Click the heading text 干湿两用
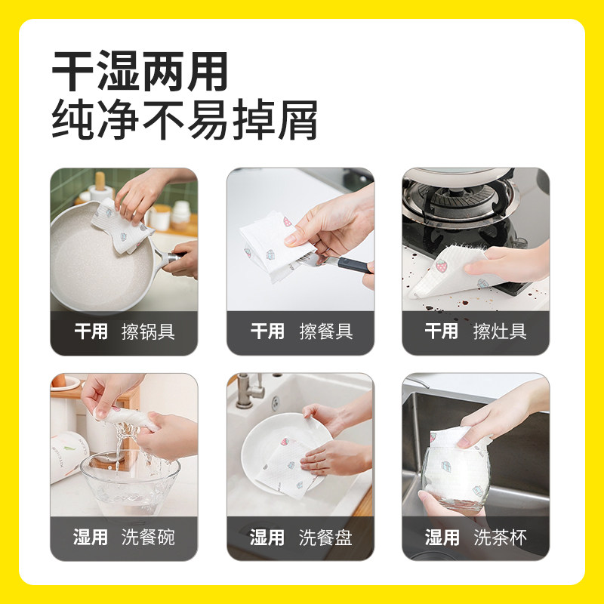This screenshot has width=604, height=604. [x=140, y=73]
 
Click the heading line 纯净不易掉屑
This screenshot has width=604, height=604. [x=184, y=120]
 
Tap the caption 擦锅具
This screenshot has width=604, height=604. [x=148, y=331]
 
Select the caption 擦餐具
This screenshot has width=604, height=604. [x=325, y=331]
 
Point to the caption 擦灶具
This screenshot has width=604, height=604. [x=500, y=331]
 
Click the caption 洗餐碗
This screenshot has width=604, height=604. [x=148, y=538]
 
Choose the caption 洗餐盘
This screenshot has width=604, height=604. [x=325, y=538]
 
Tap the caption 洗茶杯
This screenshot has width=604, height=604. [x=500, y=538]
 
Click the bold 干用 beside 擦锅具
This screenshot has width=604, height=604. [x=91, y=331]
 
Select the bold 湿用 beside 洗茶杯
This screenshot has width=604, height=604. [x=442, y=538]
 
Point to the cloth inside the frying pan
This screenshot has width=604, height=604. [x=121, y=223]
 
